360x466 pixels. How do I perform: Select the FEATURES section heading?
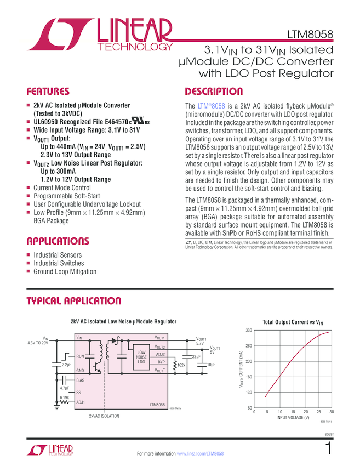(x=48, y=92)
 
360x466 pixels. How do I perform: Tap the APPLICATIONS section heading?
(x=58, y=241)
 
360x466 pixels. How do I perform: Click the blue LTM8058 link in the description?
(x=211, y=106)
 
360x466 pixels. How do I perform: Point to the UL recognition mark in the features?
(x=139, y=122)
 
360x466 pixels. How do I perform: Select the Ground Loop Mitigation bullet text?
(x=65, y=271)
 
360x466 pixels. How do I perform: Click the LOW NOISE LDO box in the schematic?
(x=141, y=357)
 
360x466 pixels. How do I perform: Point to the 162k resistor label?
(x=181, y=365)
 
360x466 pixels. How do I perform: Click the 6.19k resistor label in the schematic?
(x=64, y=397)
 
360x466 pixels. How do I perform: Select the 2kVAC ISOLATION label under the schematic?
(x=104, y=417)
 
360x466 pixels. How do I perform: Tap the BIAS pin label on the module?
(x=81, y=380)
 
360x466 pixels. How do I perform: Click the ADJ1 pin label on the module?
(x=81, y=402)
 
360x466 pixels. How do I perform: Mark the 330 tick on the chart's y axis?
(x=248, y=330)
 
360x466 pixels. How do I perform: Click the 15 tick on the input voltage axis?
(x=293, y=412)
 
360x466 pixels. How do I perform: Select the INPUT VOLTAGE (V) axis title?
(x=293, y=418)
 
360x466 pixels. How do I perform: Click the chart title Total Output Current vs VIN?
(x=293, y=322)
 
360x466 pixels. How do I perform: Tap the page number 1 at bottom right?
(x=328, y=449)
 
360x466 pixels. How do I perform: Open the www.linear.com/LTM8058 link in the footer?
(x=201, y=454)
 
